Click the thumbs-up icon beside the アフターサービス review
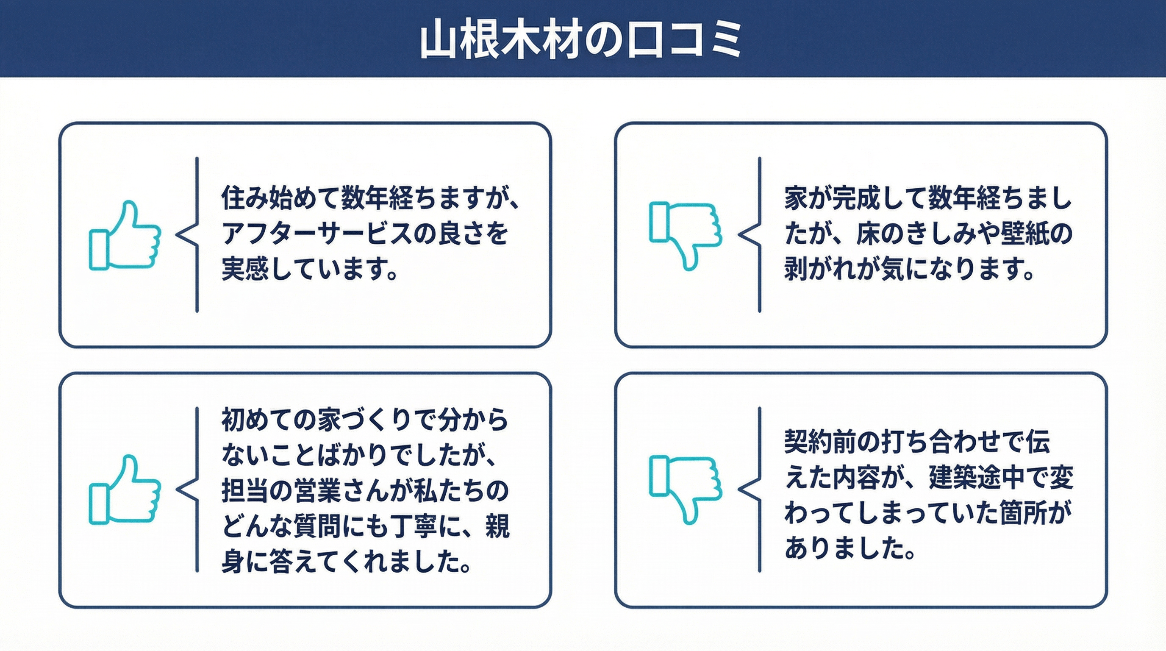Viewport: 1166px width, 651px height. tap(125, 235)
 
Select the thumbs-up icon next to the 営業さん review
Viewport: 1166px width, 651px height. tap(125, 490)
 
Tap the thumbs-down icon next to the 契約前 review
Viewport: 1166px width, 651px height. tap(685, 490)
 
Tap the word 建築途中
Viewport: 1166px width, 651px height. tap(976, 477)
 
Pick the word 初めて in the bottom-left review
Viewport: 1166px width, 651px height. tap(257, 420)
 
